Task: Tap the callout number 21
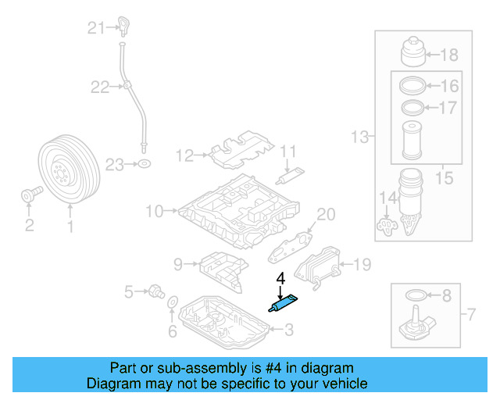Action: pos(95,29)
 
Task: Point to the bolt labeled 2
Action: pos(29,195)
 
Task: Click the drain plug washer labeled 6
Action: pos(173,302)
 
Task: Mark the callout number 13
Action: pos(359,138)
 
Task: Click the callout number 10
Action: pos(152,210)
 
